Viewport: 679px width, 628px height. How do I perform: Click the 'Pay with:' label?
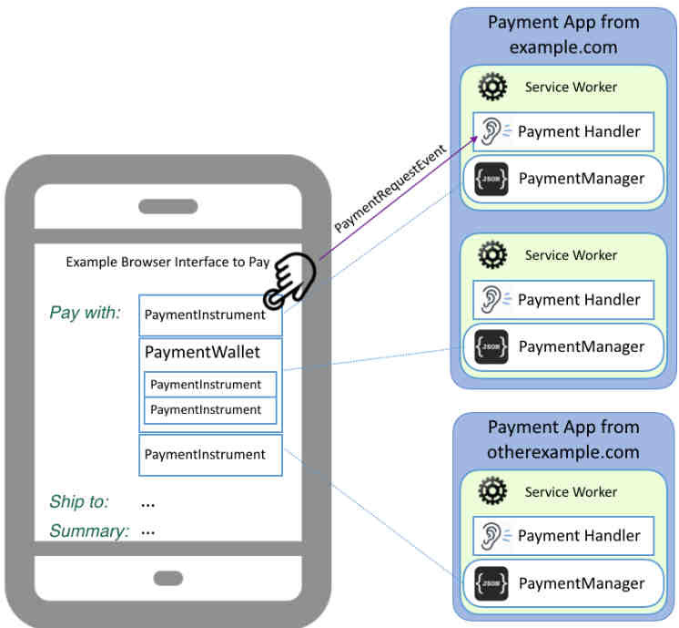tap(85, 313)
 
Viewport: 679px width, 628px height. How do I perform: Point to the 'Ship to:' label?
tap(79, 501)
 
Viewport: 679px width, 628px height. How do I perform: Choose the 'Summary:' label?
tap(88, 530)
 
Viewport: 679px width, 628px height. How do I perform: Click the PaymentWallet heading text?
tap(202, 352)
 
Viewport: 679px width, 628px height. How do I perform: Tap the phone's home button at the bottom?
tap(167, 578)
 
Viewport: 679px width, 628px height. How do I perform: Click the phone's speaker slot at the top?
tap(167, 206)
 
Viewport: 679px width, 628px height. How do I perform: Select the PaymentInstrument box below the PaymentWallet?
tap(210, 455)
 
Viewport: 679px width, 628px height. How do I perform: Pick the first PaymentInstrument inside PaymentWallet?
tap(209, 385)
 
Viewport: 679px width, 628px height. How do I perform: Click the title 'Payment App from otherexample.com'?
tap(563, 439)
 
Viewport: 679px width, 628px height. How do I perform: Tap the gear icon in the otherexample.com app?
tap(492, 492)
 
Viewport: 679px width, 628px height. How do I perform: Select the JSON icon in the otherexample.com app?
tap(492, 583)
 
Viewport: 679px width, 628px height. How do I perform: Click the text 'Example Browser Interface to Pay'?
tap(167, 263)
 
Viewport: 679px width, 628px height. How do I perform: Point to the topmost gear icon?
tap(492, 88)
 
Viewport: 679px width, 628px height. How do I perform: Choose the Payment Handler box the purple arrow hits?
tap(562, 131)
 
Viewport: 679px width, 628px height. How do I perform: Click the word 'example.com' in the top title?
tap(563, 46)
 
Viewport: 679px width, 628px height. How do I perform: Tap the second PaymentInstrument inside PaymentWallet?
tap(209, 410)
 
